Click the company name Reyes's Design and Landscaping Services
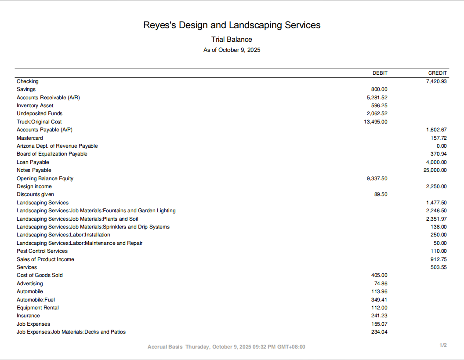tap(232, 25)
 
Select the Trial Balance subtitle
tap(232, 40)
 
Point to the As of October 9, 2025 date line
tap(232, 50)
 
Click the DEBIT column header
tap(380, 73)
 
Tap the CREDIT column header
tap(437, 73)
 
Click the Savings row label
tap(26, 89)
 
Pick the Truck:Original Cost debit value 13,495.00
tap(376, 122)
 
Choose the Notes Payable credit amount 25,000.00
tap(435, 170)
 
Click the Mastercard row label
tap(30, 138)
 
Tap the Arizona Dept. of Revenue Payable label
tap(57, 146)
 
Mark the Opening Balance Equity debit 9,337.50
tap(377, 178)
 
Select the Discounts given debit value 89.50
tap(381, 194)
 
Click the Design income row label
tap(34, 186)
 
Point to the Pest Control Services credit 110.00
tap(439, 251)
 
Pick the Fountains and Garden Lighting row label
tap(96, 211)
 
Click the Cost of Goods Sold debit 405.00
tap(379, 275)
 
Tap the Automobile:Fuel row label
tap(36, 300)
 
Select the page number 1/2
tap(443, 345)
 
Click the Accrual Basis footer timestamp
tap(226, 347)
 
